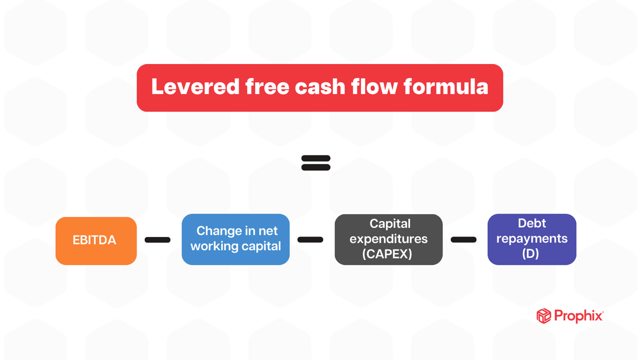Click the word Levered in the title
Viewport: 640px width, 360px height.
click(195, 87)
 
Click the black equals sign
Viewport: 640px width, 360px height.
click(316, 163)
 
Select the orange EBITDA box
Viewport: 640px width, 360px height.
click(96, 241)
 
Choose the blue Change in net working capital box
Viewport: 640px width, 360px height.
click(235, 239)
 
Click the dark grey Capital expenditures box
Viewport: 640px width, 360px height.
click(389, 239)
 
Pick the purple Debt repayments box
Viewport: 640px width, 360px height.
click(532, 239)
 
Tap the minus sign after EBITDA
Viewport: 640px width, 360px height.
click(158, 240)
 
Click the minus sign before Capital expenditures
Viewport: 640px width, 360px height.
click(310, 240)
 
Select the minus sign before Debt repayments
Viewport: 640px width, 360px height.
click(464, 240)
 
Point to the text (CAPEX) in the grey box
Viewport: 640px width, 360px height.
click(387, 254)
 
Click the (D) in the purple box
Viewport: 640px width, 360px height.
click(530, 253)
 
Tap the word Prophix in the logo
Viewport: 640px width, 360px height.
click(578, 316)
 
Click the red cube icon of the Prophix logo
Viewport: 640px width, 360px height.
click(544, 316)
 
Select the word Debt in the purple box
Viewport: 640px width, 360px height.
click(532, 223)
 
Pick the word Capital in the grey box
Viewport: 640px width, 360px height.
click(390, 224)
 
